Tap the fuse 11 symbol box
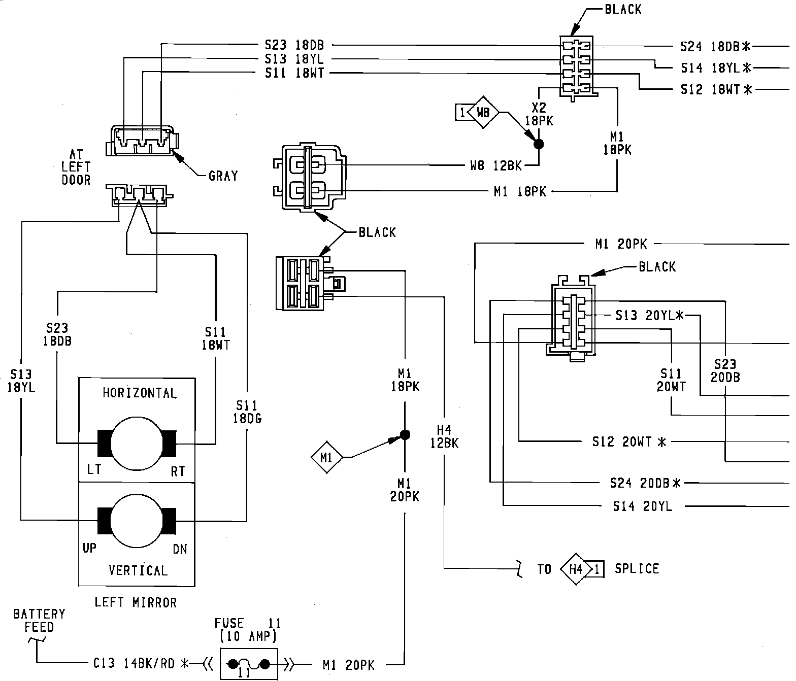[x=249, y=664]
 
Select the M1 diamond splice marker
[x=326, y=457]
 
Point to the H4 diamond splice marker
[x=576, y=569]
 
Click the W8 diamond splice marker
[x=483, y=113]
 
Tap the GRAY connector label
[x=223, y=176]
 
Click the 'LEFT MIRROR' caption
[x=136, y=602]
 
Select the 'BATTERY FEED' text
[x=39, y=621]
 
